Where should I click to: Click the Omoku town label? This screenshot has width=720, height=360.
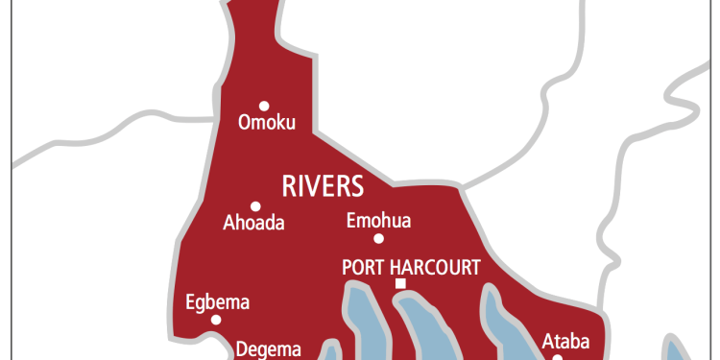click(266, 123)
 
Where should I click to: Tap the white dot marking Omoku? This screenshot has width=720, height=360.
click(264, 106)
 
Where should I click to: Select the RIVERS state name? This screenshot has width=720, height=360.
click(323, 183)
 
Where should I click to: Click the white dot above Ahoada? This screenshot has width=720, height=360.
click(255, 205)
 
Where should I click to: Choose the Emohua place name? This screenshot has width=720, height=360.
click(378, 221)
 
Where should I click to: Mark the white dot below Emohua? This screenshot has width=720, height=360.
click(379, 238)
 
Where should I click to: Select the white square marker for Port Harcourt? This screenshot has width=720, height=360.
click(400, 284)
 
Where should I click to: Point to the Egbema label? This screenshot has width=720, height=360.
click(217, 303)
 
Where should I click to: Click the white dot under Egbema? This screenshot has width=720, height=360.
click(216, 320)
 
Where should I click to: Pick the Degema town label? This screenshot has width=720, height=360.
click(269, 349)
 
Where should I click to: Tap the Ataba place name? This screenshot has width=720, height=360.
click(565, 340)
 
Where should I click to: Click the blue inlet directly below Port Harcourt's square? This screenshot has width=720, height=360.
click(422, 322)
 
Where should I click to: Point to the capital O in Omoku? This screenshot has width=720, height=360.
click(243, 123)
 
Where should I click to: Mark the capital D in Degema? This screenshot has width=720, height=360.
click(241, 349)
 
